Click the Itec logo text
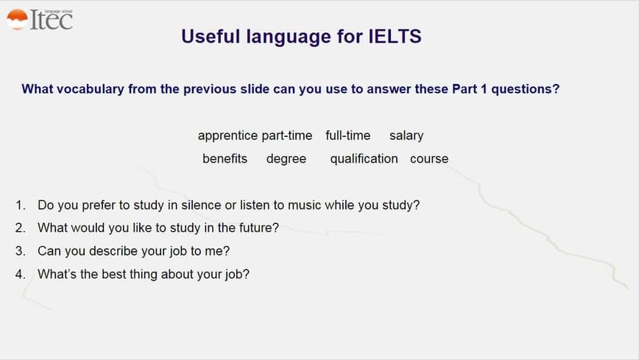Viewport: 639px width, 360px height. pos(52,20)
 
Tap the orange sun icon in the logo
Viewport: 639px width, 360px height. pos(17,19)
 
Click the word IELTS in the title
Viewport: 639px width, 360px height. pos(395,36)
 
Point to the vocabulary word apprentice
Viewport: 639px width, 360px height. pos(227,135)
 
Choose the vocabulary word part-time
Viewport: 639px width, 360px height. pos(287,135)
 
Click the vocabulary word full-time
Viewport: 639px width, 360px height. pos(348,135)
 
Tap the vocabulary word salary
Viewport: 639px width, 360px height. pos(406,135)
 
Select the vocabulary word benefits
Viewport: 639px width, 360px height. pos(225,158)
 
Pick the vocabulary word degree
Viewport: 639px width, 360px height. pos(286,159)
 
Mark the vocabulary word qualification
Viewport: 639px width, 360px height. pos(364,159)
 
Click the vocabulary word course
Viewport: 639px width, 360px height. pos(429,159)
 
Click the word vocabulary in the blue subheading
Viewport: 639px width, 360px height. pos(90,89)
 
